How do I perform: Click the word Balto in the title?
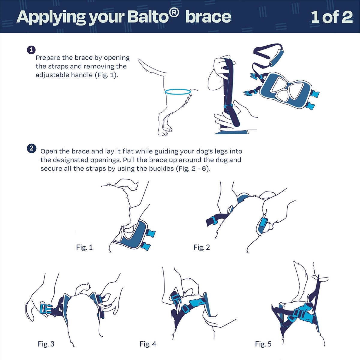point(147,17)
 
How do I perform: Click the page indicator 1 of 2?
point(331,17)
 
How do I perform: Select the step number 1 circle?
point(31,50)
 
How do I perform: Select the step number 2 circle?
point(31,148)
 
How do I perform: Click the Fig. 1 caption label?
point(84,247)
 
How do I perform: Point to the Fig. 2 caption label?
point(202,247)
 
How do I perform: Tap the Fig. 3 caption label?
point(46,344)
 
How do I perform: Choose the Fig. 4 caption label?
point(148,344)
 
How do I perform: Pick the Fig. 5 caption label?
point(263,344)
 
